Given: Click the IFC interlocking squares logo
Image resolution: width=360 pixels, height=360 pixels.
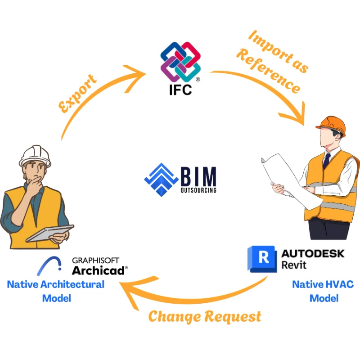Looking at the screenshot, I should coord(180,62).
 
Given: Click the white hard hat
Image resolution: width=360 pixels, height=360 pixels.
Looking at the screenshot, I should coord(35,156).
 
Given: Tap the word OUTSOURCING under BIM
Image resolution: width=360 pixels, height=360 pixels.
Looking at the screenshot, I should coord(198,190).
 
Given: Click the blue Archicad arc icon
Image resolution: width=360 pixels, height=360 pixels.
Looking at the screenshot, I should coord(49,265).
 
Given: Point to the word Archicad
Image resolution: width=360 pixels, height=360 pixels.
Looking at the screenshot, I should coord(100,270).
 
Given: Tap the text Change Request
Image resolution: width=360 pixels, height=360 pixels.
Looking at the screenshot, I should coord(205,316).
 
